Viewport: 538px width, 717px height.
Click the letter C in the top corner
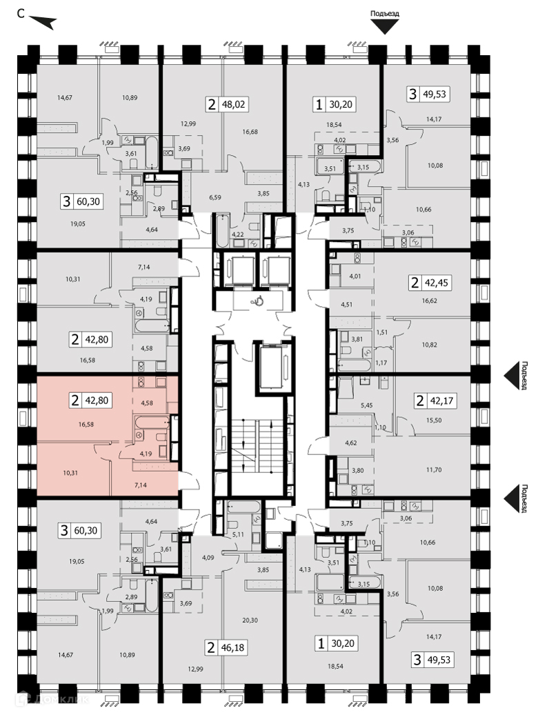(21, 14)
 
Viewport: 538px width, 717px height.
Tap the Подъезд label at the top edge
(385, 13)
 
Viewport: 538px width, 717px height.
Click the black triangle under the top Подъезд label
(385, 27)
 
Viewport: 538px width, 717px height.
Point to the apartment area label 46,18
(234, 647)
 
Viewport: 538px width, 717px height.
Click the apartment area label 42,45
(437, 283)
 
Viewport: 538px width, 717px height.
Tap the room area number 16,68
(250, 131)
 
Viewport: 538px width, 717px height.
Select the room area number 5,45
(367, 405)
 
